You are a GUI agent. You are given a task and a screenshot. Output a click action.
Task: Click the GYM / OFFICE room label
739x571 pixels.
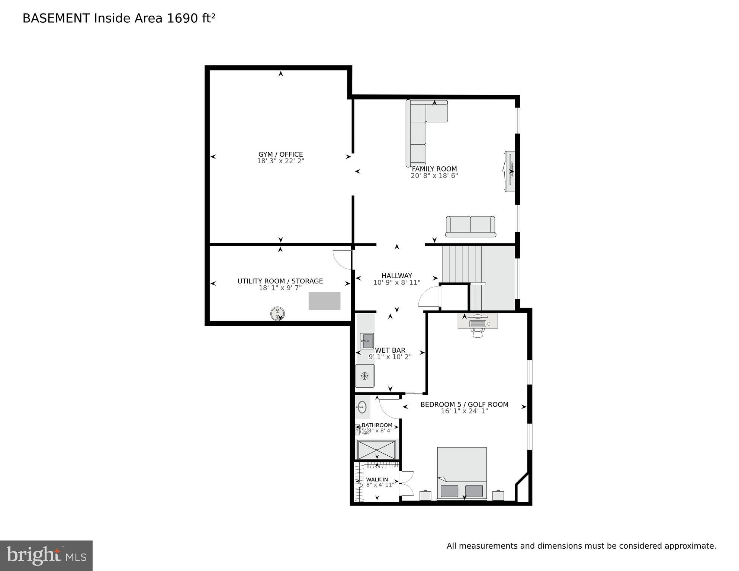(280, 154)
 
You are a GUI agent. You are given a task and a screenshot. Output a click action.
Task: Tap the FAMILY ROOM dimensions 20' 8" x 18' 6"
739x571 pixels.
(434, 176)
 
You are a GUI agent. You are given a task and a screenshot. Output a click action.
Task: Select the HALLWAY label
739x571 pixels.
(396, 276)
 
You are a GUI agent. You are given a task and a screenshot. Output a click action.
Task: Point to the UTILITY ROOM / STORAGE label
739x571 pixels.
(280, 281)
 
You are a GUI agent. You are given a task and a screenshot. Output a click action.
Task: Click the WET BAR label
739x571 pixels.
(390, 350)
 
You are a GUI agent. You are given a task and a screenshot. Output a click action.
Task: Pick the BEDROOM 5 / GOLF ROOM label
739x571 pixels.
(464, 404)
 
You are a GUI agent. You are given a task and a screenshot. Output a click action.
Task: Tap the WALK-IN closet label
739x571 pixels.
(377, 479)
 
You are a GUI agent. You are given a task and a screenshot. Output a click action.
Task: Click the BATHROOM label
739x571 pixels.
(377, 425)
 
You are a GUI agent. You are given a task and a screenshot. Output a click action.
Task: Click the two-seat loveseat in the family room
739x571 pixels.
(470, 226)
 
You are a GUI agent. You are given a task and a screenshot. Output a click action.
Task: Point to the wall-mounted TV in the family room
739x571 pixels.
(510, 171)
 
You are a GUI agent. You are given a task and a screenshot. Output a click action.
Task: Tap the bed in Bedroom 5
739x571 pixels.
(462, 472)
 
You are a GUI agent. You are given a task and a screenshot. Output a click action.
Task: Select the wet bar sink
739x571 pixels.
(367, 341)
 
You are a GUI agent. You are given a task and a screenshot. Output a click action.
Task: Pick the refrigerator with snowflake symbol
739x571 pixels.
(364, 376)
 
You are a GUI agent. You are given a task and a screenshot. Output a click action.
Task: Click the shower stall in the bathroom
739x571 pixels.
(376, 450)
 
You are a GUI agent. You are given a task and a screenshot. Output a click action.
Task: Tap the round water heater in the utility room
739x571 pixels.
(277, 314)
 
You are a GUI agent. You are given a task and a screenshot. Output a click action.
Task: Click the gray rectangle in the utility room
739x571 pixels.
(324, 301)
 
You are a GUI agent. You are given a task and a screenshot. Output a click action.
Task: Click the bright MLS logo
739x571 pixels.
(46, 555)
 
